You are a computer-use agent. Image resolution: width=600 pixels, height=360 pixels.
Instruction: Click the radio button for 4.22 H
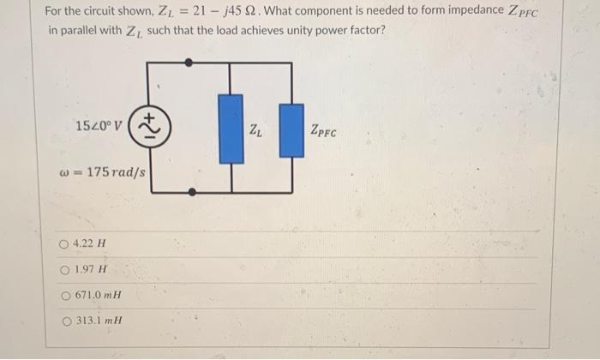point(65,244)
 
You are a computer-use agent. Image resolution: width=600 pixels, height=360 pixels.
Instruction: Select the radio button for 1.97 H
point(65,270)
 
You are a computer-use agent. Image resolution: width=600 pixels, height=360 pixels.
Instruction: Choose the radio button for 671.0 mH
point(65,296)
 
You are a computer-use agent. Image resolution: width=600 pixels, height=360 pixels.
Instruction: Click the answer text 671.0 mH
point(99,296)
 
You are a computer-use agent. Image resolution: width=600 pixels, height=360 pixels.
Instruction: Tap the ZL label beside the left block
point(255,130)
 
